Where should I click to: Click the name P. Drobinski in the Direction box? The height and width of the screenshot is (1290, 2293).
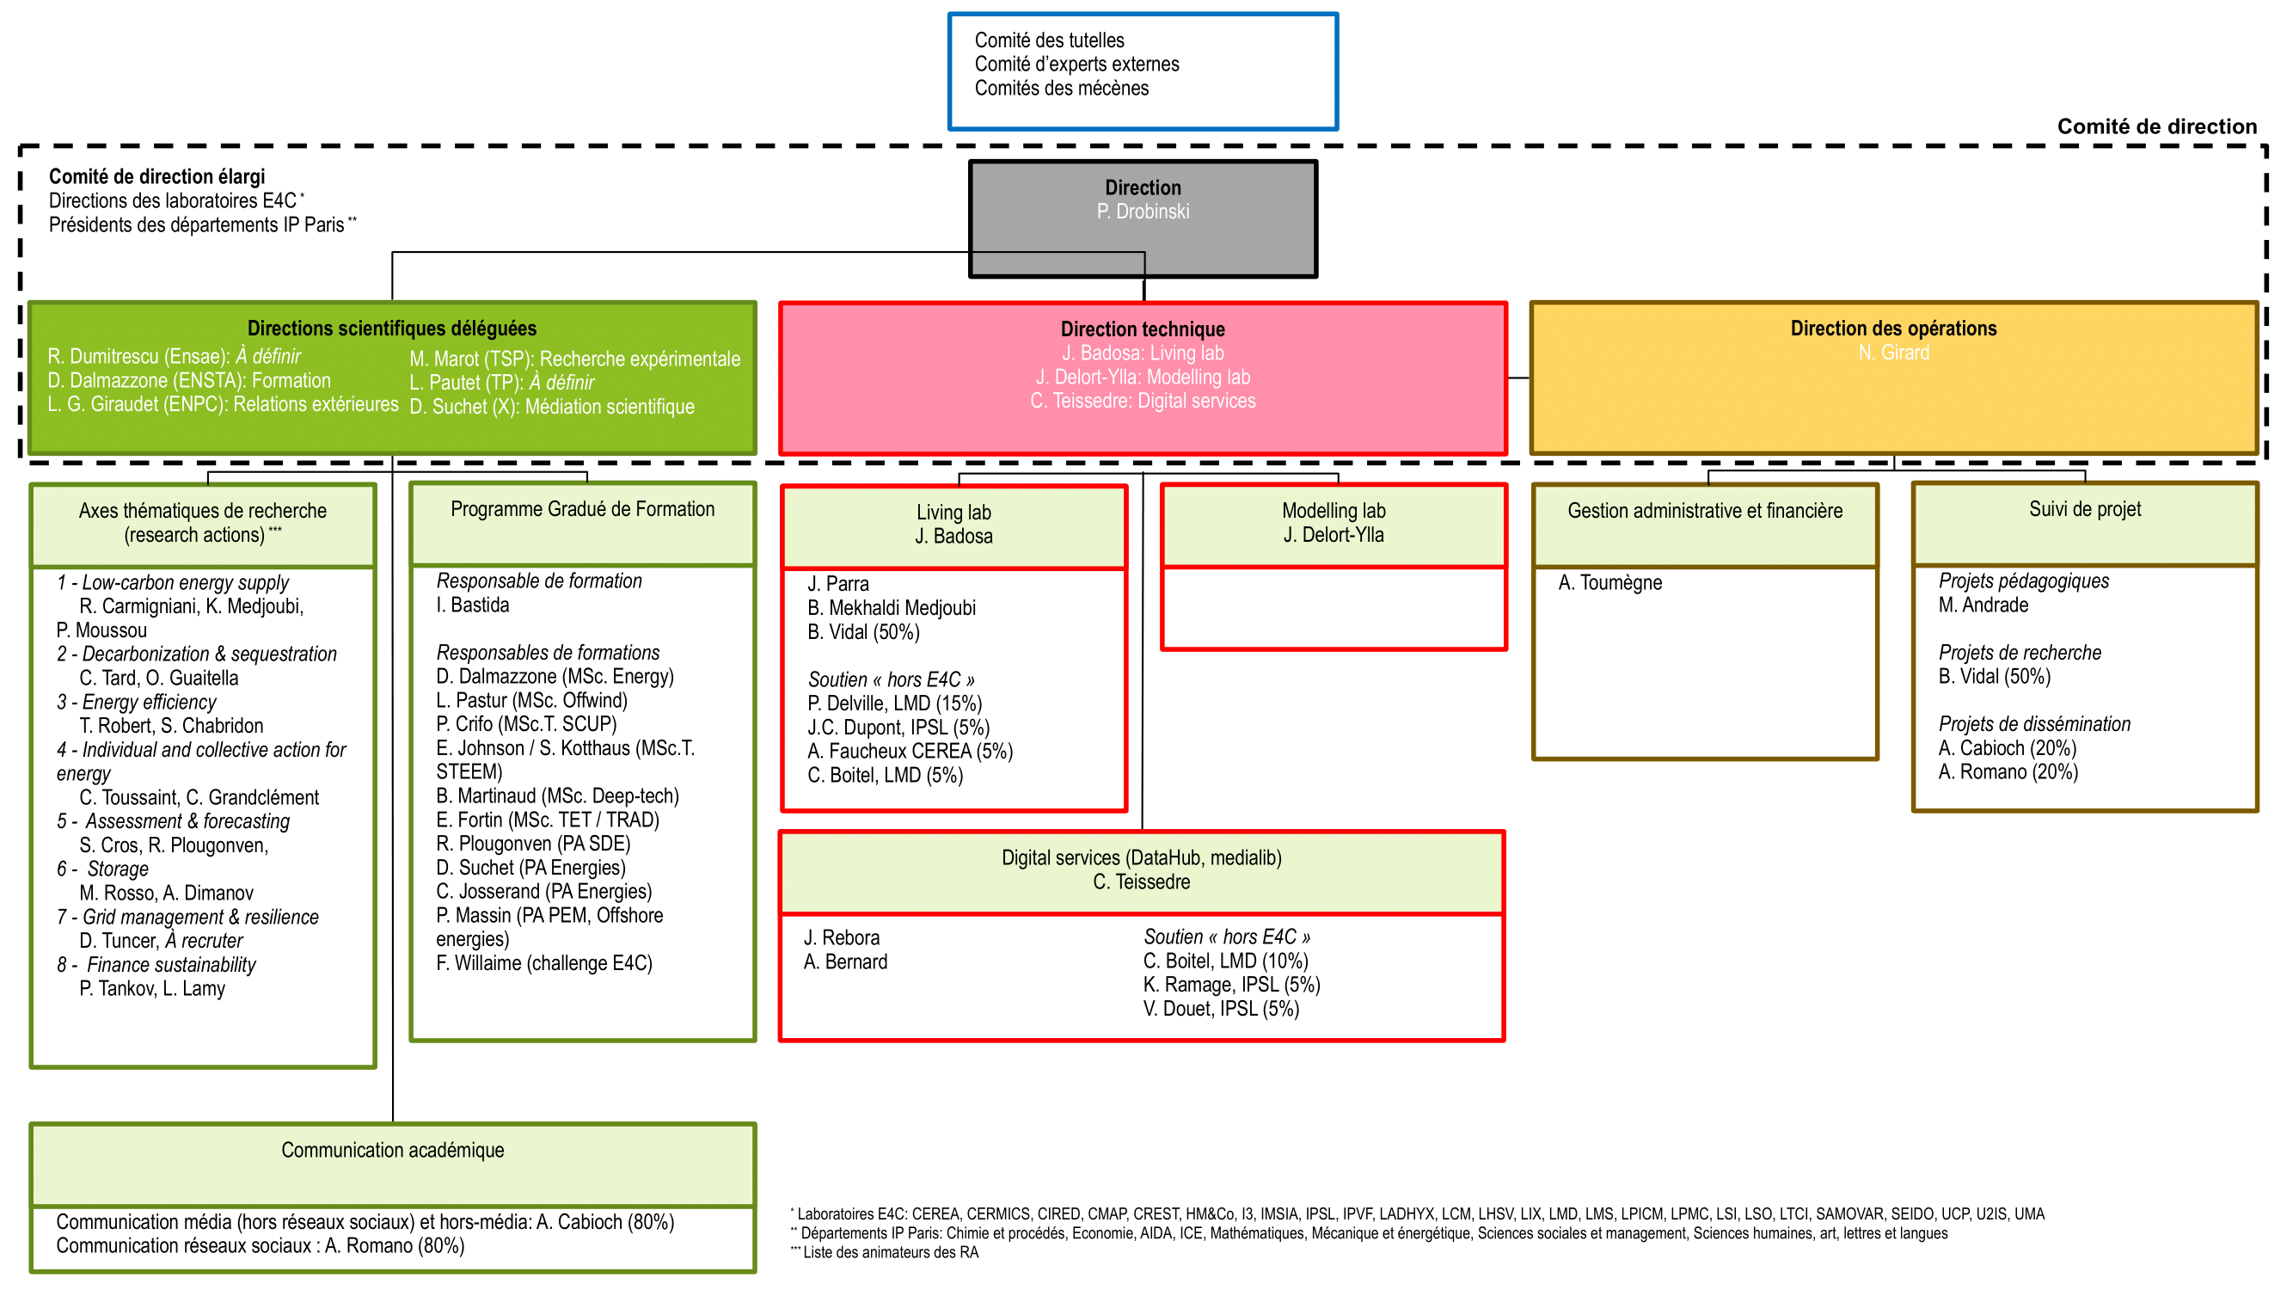(1142, 212)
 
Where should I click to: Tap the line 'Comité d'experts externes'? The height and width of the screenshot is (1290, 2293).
(1076, 64)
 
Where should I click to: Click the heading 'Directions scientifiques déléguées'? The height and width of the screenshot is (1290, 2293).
(392, 329)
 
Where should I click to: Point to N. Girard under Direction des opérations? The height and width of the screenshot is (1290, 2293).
(1892, 353)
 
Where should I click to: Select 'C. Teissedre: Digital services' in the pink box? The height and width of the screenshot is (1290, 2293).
(1142, 402)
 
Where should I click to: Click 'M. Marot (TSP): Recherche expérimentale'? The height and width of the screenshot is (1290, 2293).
(574, 359)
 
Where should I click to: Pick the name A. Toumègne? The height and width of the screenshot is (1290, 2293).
(1609, 583)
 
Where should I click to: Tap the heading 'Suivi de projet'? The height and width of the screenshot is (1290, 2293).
(2084, 509)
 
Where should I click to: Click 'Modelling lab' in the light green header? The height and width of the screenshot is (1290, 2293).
(1333, 511)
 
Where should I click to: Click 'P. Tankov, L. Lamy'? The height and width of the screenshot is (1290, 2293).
(152, 989)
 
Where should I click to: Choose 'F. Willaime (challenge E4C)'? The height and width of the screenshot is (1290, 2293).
(544, 963)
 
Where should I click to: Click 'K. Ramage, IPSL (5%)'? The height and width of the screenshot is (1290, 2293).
(1231, 986)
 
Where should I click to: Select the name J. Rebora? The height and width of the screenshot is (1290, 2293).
(841, 938)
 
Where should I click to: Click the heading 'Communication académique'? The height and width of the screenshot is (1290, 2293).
(393, 1150)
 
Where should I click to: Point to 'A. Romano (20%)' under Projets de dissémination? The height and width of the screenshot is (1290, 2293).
(2008, 773)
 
